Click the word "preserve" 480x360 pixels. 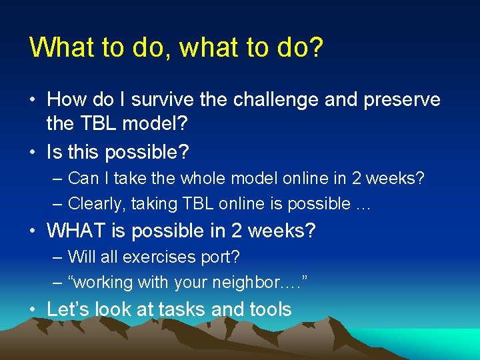pos(400,100)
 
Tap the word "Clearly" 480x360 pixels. pos(93,203)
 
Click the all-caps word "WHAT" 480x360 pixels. pos(77,231)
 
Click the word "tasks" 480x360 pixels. pos(197,309)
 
